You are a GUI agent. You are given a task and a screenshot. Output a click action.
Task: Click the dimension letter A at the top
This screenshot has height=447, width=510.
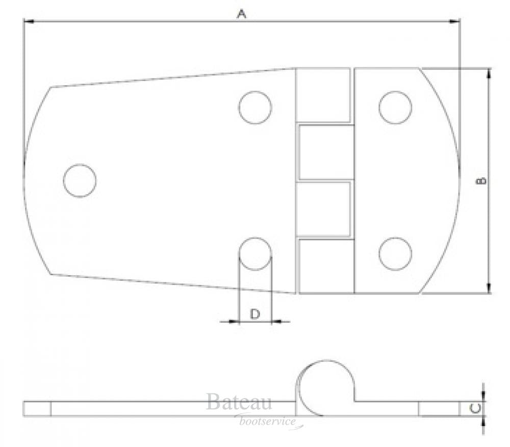tap(241, 14)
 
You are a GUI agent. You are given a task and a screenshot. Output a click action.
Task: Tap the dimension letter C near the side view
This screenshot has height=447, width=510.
tap(475, 408)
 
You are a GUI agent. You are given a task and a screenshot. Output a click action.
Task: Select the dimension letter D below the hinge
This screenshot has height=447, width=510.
tap(255, 314)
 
